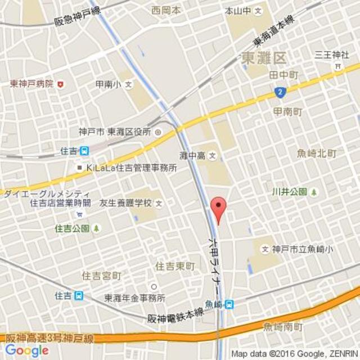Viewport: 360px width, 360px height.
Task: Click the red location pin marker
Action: tap(218, 209)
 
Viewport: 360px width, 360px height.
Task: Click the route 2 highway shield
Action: tap(279, 92)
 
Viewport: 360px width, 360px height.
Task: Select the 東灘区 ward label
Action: tap(263, 58)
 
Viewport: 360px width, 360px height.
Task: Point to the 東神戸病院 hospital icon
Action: tap(60, 84)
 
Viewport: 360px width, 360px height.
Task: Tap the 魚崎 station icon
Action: tap(229, 304)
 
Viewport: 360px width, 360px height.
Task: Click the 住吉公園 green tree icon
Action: tap(97, 228)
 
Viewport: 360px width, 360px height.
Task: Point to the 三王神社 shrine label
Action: tap(332, 55)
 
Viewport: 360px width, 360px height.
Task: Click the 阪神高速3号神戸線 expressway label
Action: tap(49, 339)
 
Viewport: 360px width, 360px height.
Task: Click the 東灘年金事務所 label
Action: tap(134, 298)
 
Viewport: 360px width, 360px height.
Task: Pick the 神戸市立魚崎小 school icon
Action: tap(265, 249)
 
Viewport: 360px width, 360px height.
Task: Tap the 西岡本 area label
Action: tap(166, 10)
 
